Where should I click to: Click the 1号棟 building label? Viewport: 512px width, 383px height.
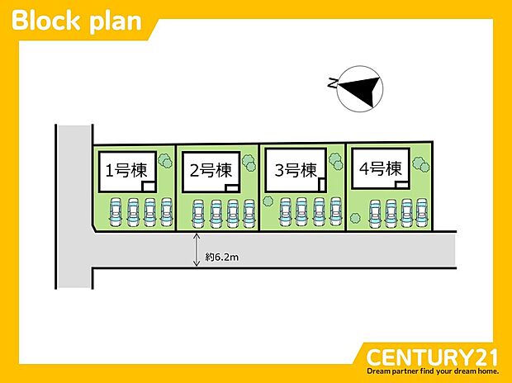tap(126, 170)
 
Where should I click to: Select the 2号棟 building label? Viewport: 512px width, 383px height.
tap(211, 170)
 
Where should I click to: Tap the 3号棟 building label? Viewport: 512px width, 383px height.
tap(296, 170)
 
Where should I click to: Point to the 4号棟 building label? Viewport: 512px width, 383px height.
tap(381, 169)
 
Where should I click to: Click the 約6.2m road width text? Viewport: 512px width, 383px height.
tap(222, 258)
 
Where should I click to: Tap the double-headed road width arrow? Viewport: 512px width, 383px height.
tap(197, 249)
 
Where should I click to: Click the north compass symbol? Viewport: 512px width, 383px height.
tap(360, 89)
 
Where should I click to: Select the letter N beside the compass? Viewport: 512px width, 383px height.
tap(332, 83)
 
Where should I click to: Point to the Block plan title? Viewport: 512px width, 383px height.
tap(77, 21)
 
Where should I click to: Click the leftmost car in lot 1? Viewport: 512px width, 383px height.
tap(115, 212)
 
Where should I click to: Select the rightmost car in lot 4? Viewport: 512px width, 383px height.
tap(421, 212)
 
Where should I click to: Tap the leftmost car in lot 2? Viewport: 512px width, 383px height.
tap(198, 214)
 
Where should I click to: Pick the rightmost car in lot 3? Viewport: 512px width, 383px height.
tap(335, 211)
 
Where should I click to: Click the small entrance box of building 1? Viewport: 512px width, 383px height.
tap(149, 187)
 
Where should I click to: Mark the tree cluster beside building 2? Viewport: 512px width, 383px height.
tap(249, 163)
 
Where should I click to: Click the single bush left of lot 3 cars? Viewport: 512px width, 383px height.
tap(268, 201)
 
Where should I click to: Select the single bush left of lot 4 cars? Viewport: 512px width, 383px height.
tap(355, 218)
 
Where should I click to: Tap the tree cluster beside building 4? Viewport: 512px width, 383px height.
tap(421, 164)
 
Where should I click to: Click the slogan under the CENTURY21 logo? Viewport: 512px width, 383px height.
tap(433, 371)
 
